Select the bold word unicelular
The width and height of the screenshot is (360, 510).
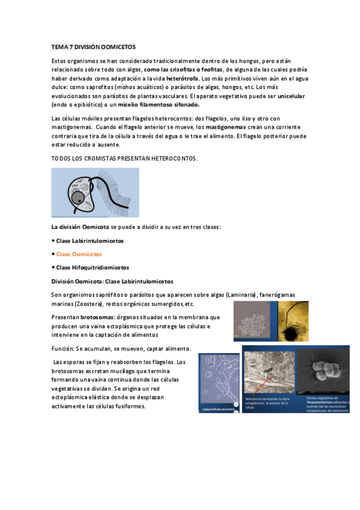tap(291, 96)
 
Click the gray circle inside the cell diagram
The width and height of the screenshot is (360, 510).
tap(77, 198)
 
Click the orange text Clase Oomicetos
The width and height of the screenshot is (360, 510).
tap(79, 254)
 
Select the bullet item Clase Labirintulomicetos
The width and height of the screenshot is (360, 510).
tap(90, 241)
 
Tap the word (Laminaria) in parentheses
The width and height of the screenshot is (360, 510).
tap(239, 295)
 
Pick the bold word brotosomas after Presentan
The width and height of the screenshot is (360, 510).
tap(97, 317)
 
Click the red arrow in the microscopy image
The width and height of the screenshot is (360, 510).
tap(275, 386)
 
